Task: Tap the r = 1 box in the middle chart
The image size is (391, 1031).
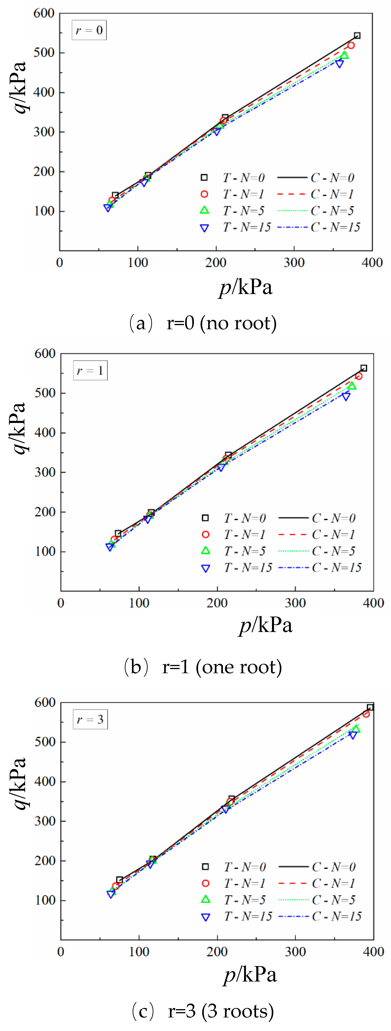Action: point(90,371)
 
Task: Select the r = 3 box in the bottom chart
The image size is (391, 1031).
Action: point(90,720)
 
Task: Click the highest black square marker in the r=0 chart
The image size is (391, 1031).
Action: point(357,36)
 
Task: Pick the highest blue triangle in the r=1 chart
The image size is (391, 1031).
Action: point(346,396)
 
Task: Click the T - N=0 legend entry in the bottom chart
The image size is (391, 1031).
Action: point(234,867)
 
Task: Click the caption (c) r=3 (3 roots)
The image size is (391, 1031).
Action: point(202,1011)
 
